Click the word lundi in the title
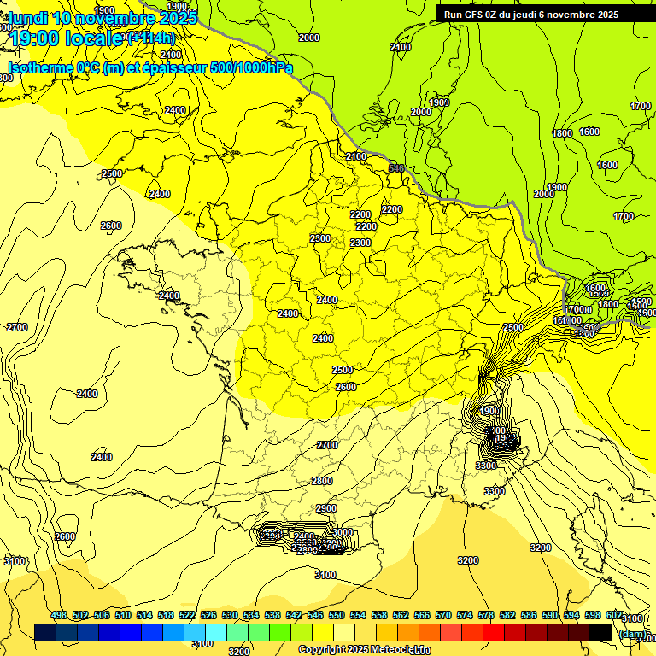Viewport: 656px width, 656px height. tap(28, 17)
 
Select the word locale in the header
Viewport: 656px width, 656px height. tap(95, 38)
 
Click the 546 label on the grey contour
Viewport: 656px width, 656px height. tap(395, 168)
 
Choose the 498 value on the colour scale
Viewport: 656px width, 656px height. tap(59, 615)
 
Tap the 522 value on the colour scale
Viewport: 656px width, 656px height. tap(187, 615)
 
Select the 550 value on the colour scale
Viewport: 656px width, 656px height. tap(337, 615)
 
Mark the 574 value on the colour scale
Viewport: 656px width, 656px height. tap(465, 615)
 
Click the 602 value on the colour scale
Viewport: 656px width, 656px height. tap(614, 615)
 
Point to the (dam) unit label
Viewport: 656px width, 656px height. tap(632, 633)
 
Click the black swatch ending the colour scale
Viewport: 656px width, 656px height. tap(600, 632)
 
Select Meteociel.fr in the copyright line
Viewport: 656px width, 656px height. tap(401, 650)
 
